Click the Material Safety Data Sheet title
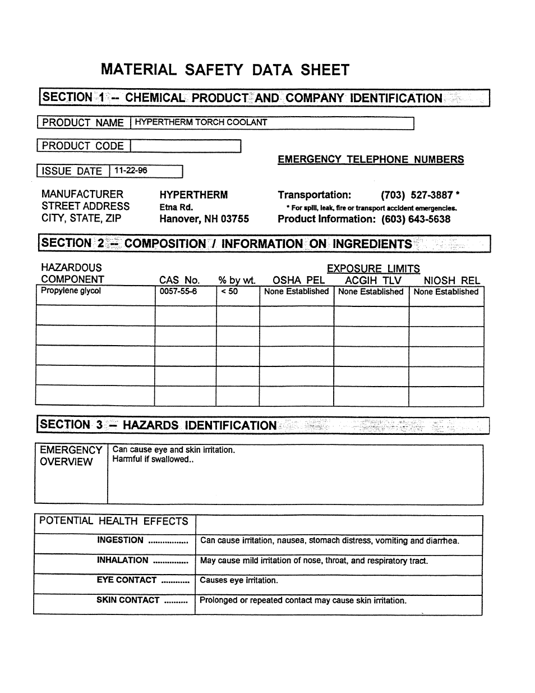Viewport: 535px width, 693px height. point(225,70)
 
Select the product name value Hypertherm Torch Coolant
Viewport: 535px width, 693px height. point(201,122)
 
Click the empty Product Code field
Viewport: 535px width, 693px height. point(185,146)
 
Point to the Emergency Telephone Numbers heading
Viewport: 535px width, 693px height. point(371,159)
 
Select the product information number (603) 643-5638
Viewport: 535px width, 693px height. point(416,219)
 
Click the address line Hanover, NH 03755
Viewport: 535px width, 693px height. point(204,219)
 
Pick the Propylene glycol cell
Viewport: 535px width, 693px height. point(71,291)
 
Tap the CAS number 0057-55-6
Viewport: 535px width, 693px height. point(178,291)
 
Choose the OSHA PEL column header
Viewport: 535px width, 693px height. point(298,280)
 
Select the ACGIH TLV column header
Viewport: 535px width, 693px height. point(373,280)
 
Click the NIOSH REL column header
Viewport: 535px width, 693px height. point(451,280)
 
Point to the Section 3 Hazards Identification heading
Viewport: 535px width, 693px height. point(159,425)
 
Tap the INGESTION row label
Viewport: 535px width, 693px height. point(120,540)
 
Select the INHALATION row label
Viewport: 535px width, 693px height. point(122,560)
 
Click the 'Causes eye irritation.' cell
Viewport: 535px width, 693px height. point(239,580)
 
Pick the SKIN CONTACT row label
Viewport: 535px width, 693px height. point(128,600)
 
